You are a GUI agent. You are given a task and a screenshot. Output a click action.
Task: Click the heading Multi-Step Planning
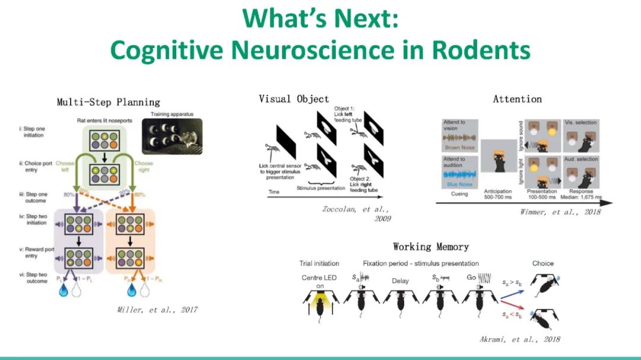(x=108, y=102)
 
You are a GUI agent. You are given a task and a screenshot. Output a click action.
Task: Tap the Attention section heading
(x=517, y=99)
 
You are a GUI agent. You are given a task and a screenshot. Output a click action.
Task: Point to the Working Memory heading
(x=430, y=246)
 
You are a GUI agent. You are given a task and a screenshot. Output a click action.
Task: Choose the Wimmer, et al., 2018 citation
(x=560, y=212)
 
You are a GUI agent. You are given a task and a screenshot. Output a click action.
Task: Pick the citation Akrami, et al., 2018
(x=519, y=339)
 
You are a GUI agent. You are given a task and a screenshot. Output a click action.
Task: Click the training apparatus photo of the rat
(x=172, y=136)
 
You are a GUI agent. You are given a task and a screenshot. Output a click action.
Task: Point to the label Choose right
(x=143, y=167)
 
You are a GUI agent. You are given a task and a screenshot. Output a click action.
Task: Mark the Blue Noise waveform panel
(x=460, y=173)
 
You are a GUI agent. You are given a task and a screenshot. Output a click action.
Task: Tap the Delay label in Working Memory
(x=400, y=281)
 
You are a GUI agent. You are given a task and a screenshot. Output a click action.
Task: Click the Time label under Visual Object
(x=274, y=192)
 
